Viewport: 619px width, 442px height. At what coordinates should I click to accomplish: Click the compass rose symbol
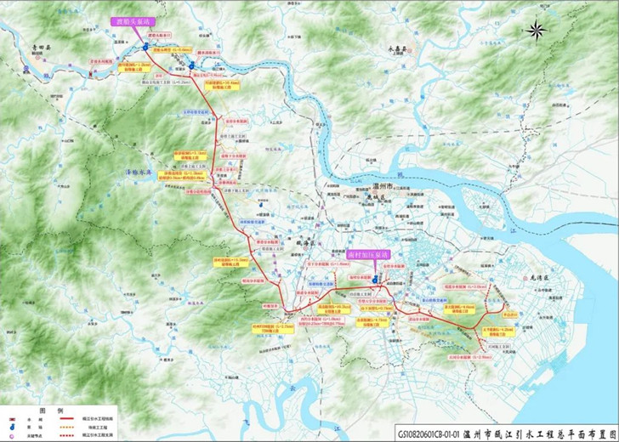tap(537, 31)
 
